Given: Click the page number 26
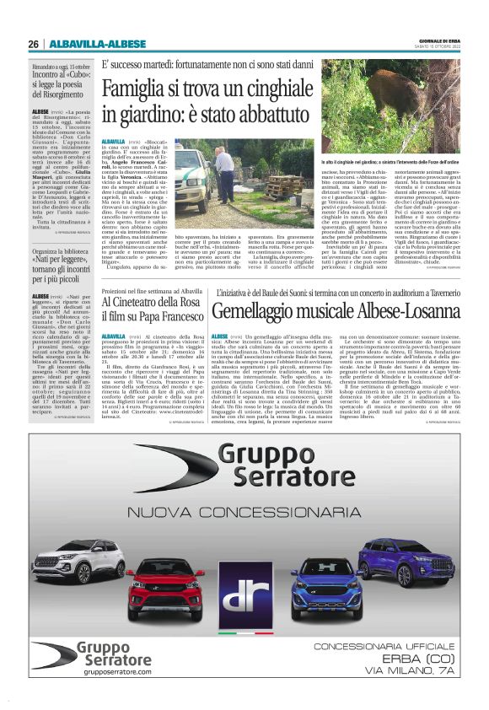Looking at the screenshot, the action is [33, 44].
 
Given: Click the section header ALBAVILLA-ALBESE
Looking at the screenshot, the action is [85, 44].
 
